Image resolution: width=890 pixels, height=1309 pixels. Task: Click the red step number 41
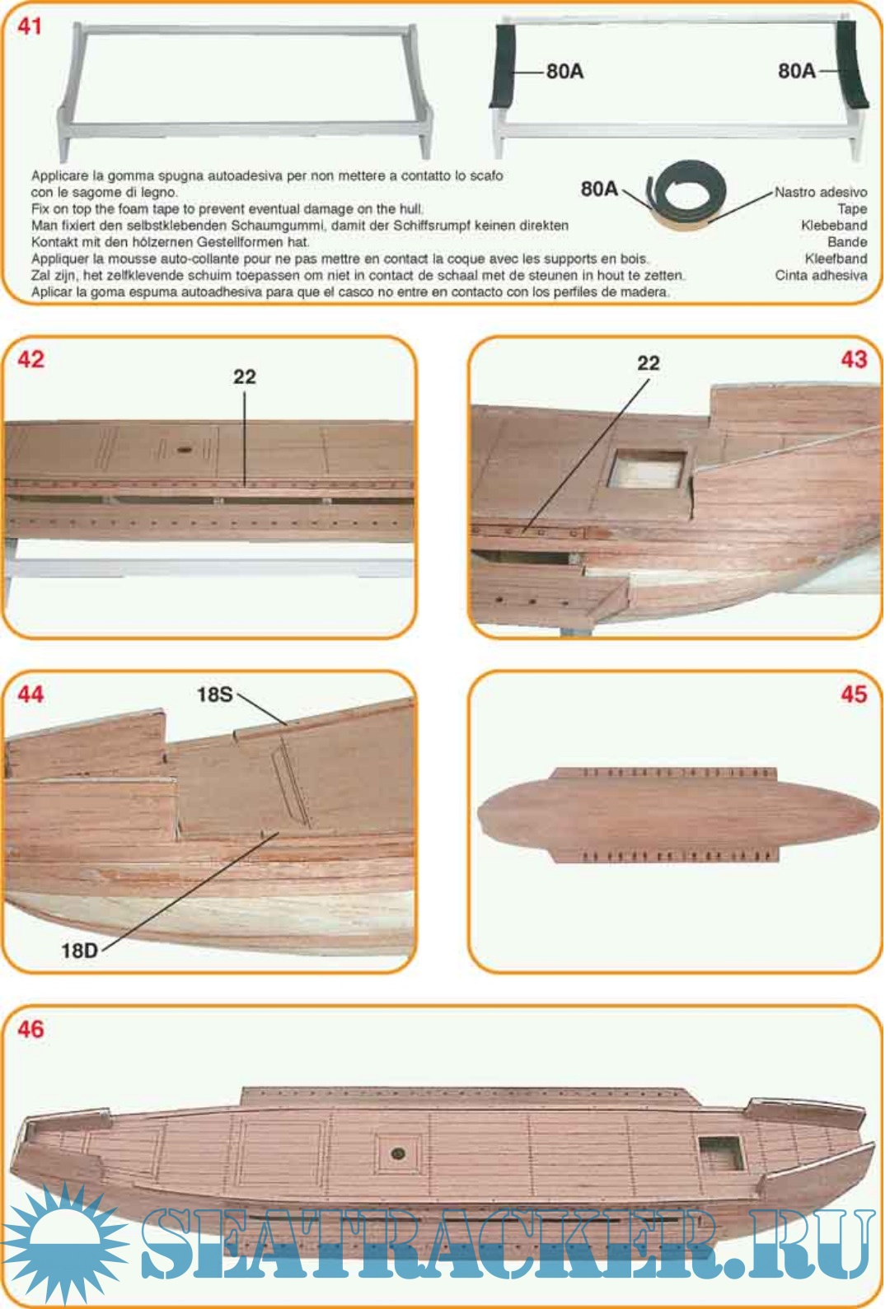pyautogui.click(x=30, y=26)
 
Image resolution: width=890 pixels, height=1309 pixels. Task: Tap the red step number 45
pyautogui.click(x=854, y=694)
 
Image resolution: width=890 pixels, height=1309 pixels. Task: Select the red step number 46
pyautogui.click(x=31, y=1029)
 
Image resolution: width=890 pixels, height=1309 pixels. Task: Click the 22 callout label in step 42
pyautogui.click(x=245, y=377)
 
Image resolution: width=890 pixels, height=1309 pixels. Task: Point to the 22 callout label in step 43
pyautogui.click(x=649, y=363)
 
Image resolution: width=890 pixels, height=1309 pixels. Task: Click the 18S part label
pyautogui.click(x=214, y=694)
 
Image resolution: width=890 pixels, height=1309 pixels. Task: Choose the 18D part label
pyautogui.click(x=80, y=951)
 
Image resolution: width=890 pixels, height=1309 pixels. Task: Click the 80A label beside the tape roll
pyautogui.click(x=599, y=189)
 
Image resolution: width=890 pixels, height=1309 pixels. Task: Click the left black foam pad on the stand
pyautogui.click(x=504, y=65)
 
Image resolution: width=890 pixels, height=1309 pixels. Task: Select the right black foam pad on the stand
pyautogui.click(x=850, y=64)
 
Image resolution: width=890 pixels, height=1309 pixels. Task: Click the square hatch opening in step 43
pyautogui.click(x=647, y=470)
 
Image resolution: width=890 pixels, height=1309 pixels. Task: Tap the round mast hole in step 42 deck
pyautogui.click(x=185, y=450)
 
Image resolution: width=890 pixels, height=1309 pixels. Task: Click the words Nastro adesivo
pyautogui.click(x=821, y=192)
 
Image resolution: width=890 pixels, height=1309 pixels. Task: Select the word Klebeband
pyautogui.click(x=834, y=226)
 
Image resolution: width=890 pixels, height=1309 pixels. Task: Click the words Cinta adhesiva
pyautogui.click(x=821, y=275)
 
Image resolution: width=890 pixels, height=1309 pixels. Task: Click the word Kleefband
pyautogui.click(x=836, y=259)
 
